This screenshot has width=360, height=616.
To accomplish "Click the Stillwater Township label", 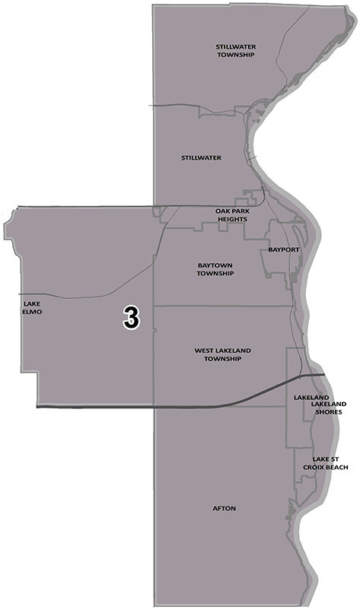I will click(235, 50).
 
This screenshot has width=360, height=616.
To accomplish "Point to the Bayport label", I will click(282, 249).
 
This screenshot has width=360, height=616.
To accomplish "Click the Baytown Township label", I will click(215, 269).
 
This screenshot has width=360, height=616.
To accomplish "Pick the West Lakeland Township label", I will click(222, 354).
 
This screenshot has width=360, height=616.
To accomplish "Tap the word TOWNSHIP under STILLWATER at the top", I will click(235, 55).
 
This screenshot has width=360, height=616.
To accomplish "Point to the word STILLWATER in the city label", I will click(201, 158).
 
